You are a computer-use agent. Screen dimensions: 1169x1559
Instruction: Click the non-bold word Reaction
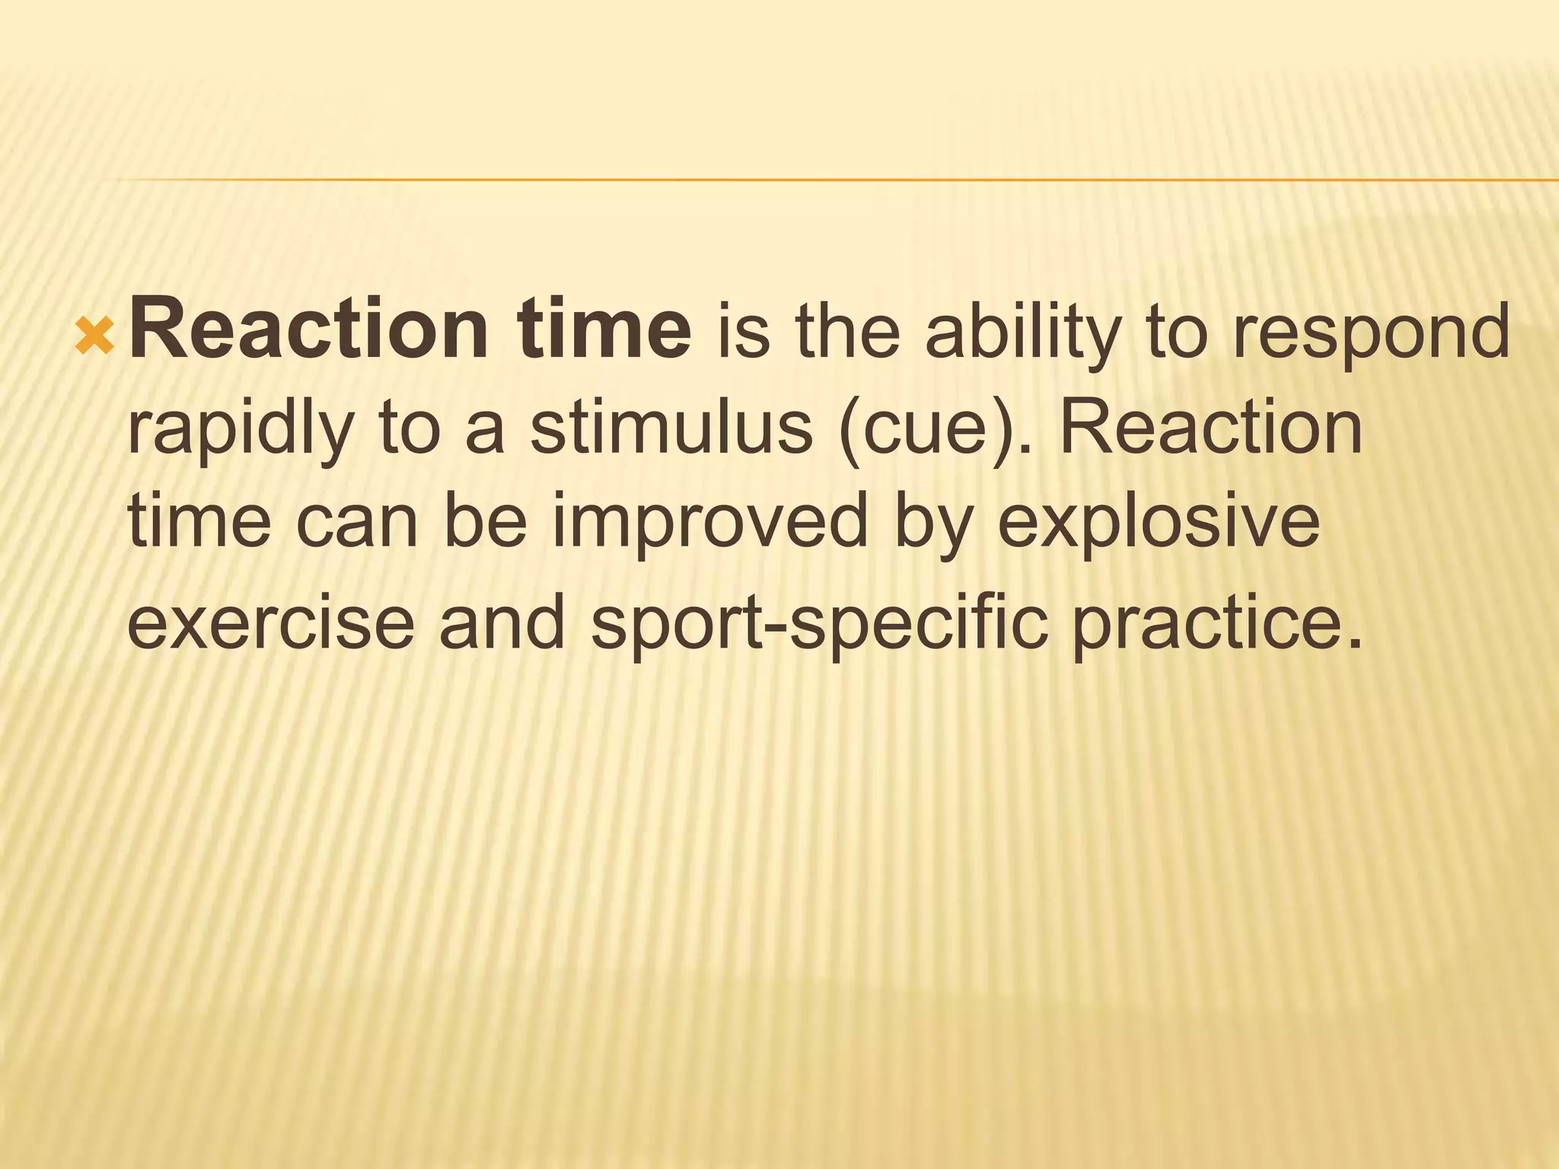(1211, 428)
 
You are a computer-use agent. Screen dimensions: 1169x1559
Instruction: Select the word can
(357, 524)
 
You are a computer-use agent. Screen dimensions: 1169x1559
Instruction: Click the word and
(502, 623)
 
